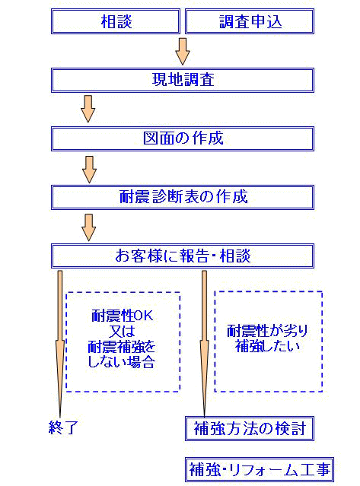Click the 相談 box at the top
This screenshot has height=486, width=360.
coord(116,21)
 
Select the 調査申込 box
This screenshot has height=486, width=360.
coord(250,21)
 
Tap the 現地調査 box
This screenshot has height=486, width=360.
coord(183,80)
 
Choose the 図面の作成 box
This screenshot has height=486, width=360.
coord(183,138)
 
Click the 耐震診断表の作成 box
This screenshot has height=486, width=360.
coord(183,197)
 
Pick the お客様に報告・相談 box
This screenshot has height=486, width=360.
coord(183,256)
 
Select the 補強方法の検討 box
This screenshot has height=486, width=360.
coord(250,428)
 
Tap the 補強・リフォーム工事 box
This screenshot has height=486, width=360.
coord(260,469)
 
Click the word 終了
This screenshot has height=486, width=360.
coord(63,427)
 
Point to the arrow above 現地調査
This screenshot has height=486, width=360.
coord(183,52)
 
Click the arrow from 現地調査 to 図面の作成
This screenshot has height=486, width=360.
coord(88,109)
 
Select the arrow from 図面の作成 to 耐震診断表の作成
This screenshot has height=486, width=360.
coord(89,170)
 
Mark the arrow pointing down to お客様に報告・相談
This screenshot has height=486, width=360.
coord(89,227)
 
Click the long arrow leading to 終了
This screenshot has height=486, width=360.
coord(60,344)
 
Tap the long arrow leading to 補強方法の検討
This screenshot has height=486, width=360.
coord(204,344)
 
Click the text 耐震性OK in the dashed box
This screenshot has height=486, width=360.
coord(123,316)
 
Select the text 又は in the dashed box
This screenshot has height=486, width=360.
coord(122,331)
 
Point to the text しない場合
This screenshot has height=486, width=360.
coord(121,361)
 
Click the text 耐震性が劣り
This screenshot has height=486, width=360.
coord(267,331)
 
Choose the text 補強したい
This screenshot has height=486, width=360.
coord(267,346)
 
